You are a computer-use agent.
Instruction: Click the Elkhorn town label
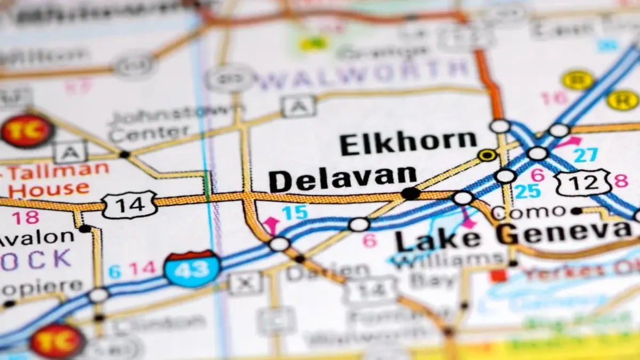pos(408,143)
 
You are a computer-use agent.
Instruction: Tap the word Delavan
pos(342,179)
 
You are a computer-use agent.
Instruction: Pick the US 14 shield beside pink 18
pos(130,204)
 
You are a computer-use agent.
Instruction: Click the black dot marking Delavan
pos(410,194)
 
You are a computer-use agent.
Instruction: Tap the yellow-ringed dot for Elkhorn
pos(486,155)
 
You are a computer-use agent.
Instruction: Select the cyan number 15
pos(294,212)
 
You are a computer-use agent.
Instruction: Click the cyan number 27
pos(586,155)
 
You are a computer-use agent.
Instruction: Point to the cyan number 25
pos(527,191)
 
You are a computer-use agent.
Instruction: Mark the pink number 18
pos(25,218)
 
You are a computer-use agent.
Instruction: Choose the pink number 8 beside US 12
pos(621,181)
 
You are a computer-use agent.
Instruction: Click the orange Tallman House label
pos(53,179)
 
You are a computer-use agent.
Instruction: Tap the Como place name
pos(528,212)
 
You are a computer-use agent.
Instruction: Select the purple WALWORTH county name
pos(363,69)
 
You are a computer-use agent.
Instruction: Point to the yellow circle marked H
pos(622,100)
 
